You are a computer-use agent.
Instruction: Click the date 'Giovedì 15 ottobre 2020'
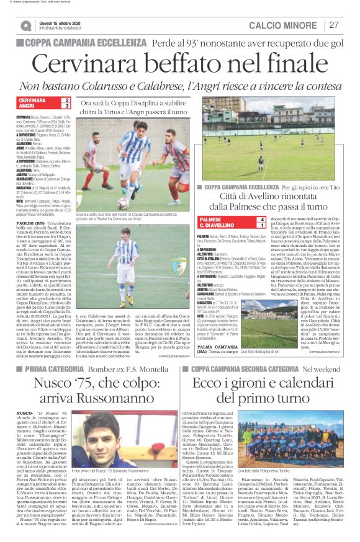[x=61, y=22]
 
